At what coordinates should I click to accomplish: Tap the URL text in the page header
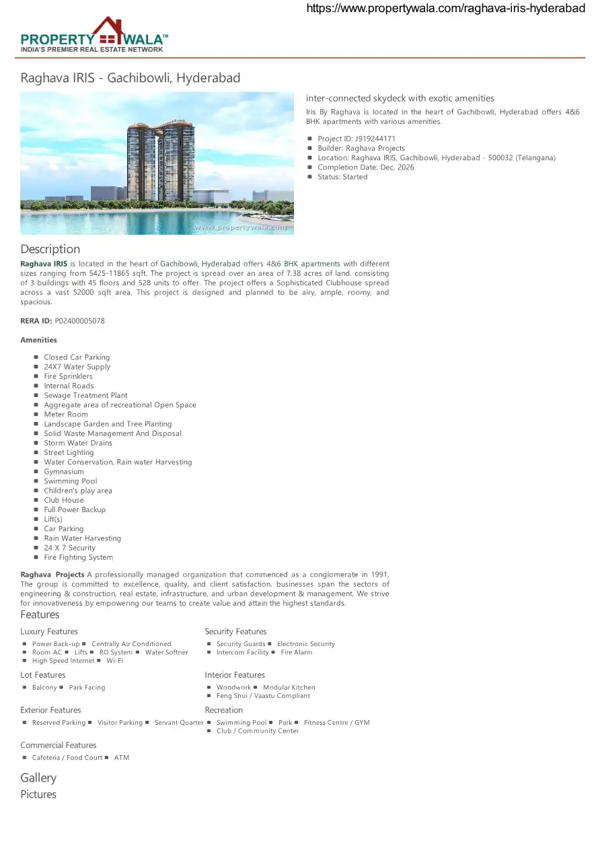(x=445, y=9)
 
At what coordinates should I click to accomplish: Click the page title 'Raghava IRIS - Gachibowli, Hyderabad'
(x=130, y=78)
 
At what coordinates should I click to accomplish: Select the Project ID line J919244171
(x=357, y=139)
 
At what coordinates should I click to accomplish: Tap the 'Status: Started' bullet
(x=342, y=177)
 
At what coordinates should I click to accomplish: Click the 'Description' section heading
(x=50, y=249)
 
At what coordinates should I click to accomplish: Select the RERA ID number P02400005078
(x=79, y=321)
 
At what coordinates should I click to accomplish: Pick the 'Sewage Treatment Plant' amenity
(x=85, y=396)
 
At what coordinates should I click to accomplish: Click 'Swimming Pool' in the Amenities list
(x=71, y=481)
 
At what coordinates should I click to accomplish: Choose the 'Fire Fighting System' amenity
(x=78, y=557)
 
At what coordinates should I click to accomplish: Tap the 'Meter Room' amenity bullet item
(x=66, y=415)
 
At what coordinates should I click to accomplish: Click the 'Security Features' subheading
(x=235, y=631)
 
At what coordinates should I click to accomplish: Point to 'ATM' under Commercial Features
(x=122, y=758)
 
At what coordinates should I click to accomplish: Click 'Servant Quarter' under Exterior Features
(x=179, y=723)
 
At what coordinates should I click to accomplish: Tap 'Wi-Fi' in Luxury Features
(x=114, y=661)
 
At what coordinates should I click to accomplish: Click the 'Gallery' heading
(x=38, y=778)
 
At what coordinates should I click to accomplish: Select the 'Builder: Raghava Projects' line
(x=361, y=148)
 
